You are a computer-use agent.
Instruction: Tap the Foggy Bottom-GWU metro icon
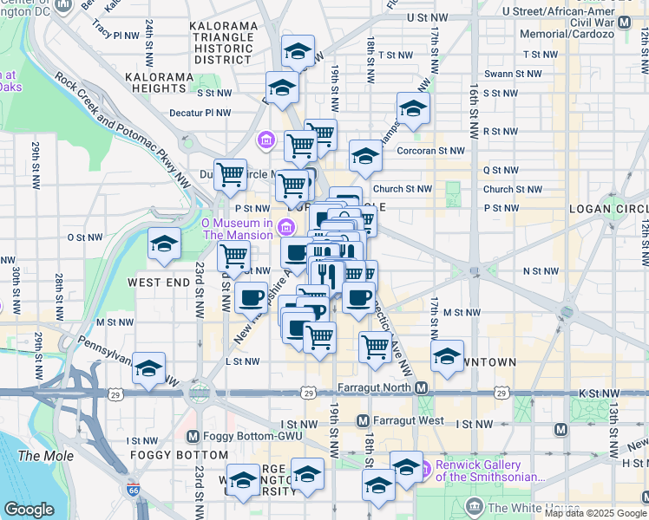click(x=192, y=436)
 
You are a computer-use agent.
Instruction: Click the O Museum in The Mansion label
click(x=237, y=229)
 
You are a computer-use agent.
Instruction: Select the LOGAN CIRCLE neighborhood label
click(x=607, y=209)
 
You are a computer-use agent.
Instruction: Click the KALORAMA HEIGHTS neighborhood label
click(x=157, y=82)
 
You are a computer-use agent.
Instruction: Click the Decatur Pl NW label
click(x=200, y=113)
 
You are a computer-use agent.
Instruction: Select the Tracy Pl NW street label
click(x=115, y=36)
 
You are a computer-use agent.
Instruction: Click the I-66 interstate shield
click(x=133, y=490)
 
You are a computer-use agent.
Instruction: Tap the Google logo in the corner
click(x=29, y=510)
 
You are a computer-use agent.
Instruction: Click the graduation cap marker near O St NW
click(x=162, y=244)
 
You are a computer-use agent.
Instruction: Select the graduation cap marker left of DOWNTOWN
click(x=447, y=356)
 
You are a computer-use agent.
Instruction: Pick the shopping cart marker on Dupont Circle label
click(x=230, y=174)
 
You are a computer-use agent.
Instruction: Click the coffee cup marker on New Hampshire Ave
click(x=252, y=297)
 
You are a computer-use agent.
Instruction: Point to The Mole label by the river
click(x=39, y=456)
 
